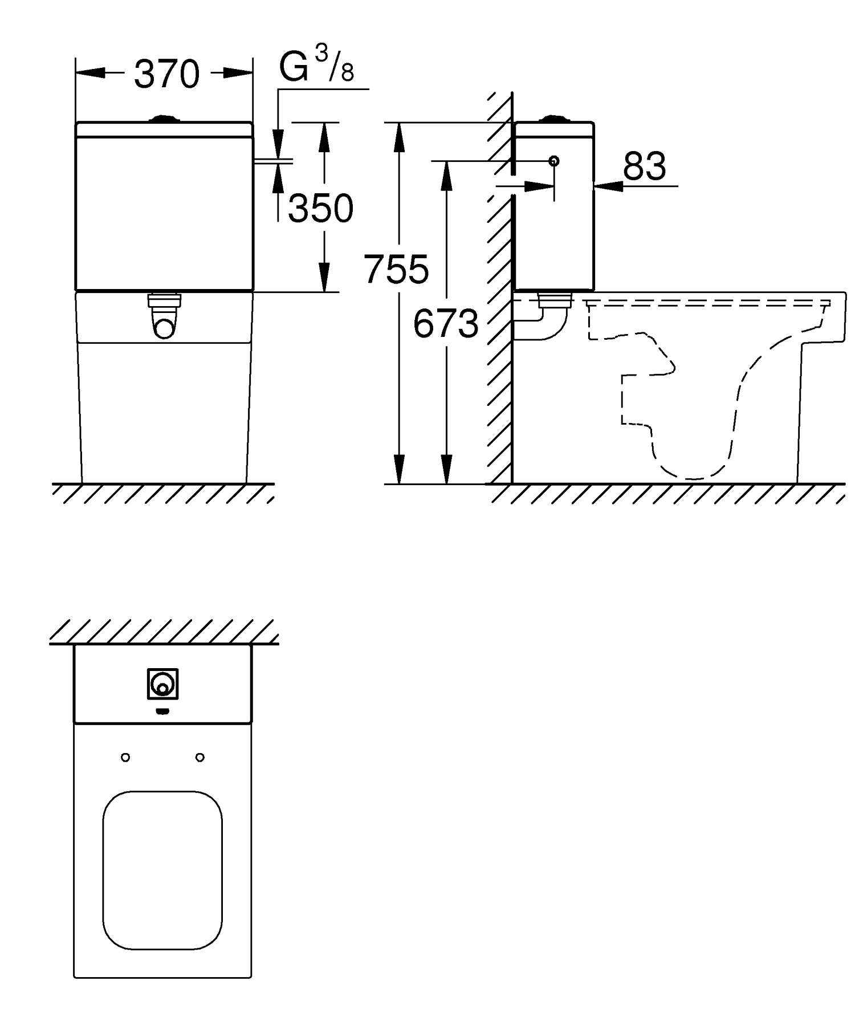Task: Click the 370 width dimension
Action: [166, 74]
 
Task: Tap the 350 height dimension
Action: [320, 208]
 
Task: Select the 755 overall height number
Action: [396, 269]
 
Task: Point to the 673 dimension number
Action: [446, 323]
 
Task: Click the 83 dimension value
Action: [644, 166]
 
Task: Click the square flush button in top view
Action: [163, 684]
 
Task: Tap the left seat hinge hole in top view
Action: [126, 758]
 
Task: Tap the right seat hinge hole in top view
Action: [200, 758]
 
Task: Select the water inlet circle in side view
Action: [553, 161]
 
